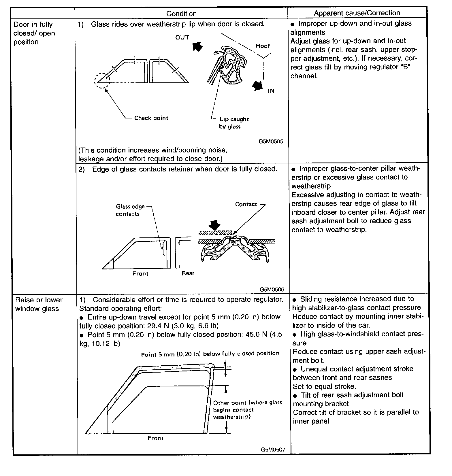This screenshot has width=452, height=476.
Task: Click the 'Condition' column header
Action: [x=181, y=14]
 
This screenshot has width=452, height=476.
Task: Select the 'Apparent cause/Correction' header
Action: [x=357, y=13]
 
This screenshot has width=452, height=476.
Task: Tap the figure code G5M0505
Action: [x=271, y=141]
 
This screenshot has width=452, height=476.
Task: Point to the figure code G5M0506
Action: [x=272, y=289]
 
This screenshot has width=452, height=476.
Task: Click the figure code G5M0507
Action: [x=273, y=449]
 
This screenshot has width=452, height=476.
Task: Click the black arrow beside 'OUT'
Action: [x=197, y=46]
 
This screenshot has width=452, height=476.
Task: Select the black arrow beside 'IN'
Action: [x=257, y=85]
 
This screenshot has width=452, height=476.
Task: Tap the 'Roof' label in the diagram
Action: [x=263, y=46]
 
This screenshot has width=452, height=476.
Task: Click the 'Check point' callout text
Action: [x=151, y=118]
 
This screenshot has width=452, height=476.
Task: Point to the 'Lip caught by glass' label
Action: [x=233, y=123]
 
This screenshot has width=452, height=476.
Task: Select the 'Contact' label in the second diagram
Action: [x=246, y=204]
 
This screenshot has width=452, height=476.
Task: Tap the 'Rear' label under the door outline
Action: [x=188, y=273]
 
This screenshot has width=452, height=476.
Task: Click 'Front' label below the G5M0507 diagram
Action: [x=155, y=438]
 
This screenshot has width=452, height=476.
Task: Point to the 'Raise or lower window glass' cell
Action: [x=39, y=304]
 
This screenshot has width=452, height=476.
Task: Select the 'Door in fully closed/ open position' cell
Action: [x=34, y=33]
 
